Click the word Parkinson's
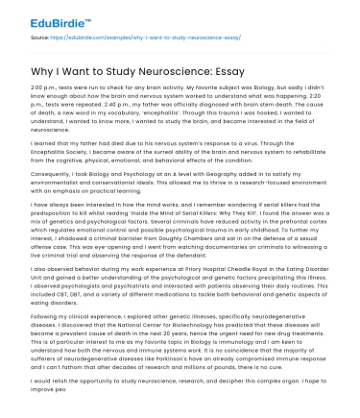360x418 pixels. pyautogui.click(x=153, y=359)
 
